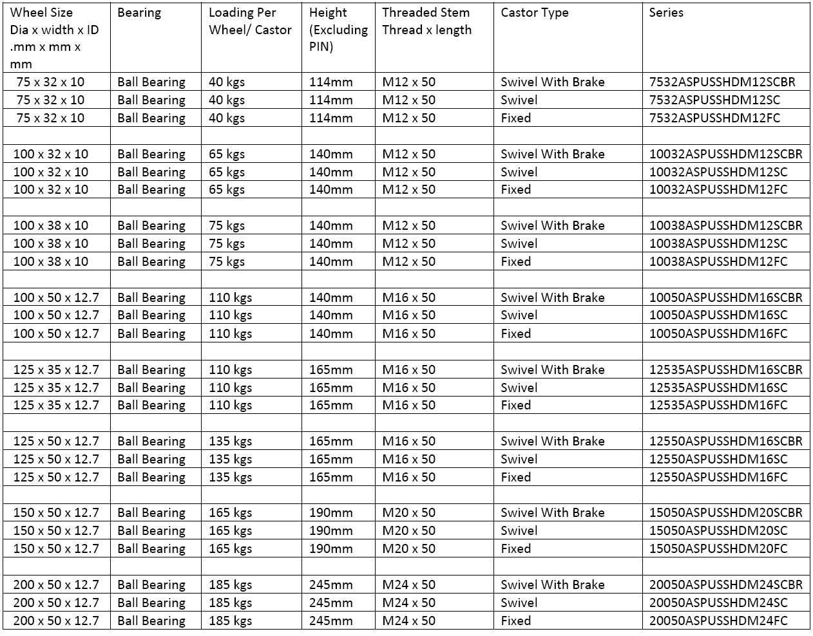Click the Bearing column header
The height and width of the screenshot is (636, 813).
(x=139, y=13)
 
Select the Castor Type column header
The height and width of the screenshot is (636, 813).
(x=534, y=13)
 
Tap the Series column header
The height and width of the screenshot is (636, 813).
(x=666, y=13)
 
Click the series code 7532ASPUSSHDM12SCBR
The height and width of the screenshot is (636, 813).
(x=722, y=82)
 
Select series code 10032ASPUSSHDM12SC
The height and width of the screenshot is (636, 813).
(x=718, y=172)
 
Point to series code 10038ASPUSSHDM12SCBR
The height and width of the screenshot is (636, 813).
(x=726, y=225)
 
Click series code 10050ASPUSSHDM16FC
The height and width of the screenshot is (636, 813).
(x=718, y=333)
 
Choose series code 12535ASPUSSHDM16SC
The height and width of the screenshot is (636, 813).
(x=718, y=388)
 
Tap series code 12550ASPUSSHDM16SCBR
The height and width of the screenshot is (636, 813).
(x=726, y=441)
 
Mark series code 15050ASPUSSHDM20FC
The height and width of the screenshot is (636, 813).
(x=718, y=548)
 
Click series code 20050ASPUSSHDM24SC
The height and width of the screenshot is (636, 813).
(x=718, y=603)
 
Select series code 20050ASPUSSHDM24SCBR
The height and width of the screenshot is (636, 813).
(x=726, y=585)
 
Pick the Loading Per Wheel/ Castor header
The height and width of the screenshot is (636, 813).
(x=250, y=21)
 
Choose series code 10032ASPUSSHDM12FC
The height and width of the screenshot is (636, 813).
(x=718, y=189)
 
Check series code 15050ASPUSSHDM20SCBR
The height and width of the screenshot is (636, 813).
(x=726, y=512)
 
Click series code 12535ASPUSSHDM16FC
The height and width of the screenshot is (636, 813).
(x=718, y=405)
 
